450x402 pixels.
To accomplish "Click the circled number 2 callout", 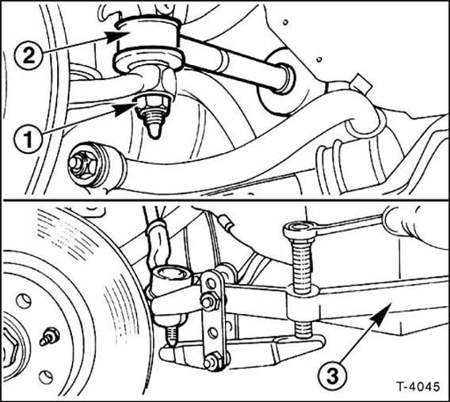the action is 29,56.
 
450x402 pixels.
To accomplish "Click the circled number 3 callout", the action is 332,376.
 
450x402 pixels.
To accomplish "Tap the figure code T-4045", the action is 418,386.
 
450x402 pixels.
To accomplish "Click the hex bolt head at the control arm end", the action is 82,163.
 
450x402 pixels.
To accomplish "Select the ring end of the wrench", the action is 298,230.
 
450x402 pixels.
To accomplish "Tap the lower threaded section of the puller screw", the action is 303,328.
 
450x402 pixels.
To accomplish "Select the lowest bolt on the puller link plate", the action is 212,362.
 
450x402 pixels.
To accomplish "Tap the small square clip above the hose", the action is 360,83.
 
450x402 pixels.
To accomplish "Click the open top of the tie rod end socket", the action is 171,273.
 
